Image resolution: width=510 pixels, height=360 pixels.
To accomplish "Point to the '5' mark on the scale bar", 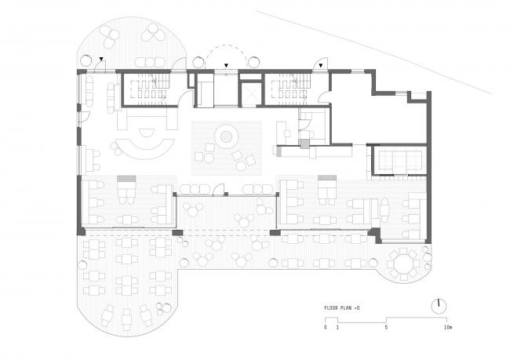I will click(385, 328).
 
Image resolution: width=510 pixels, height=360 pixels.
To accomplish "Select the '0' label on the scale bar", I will click(325, 328).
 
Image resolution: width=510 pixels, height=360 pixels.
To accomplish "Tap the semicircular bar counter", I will click(143, 147).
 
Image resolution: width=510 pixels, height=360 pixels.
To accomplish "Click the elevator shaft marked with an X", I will click(250, 93).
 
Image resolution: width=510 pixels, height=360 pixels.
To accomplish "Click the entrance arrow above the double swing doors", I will click(226, 66).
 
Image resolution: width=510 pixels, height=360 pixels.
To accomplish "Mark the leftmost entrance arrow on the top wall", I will click(102, 60).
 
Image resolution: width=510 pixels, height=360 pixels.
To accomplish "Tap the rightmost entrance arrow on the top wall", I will click(320, 66).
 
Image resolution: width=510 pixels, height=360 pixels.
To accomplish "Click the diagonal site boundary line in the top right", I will click(377, 43).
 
